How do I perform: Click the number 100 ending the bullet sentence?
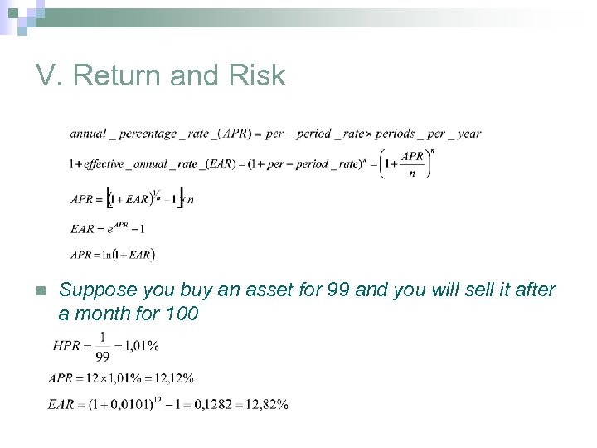[182, 314]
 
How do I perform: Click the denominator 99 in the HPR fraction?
[104, 356]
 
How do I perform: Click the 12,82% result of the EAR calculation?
[266, 404]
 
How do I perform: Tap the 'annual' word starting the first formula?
[87, 133]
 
